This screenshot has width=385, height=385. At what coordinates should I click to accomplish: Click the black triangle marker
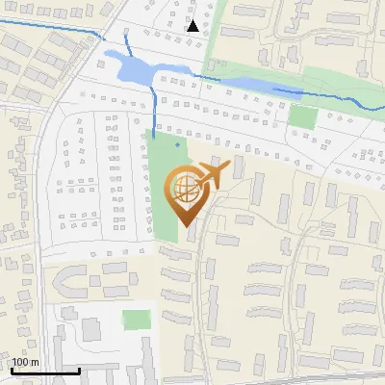pyautogui.click(x=193, y=26)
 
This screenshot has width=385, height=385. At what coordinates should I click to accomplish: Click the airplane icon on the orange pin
pyautogui.click(x=211, y=175)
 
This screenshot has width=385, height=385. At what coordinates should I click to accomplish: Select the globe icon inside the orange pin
pyautogui.click(x=183, y=188)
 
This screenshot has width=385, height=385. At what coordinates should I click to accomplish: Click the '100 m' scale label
pyautogui.click(x=26, y=362)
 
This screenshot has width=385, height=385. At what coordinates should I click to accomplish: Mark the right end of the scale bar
pyautogui.click(x=79, y=371)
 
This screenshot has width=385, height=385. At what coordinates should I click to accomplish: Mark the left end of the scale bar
pyautogui.click(x=12, y=371)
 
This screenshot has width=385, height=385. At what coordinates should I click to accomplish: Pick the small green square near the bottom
pyautogui.click(x=138, y=320)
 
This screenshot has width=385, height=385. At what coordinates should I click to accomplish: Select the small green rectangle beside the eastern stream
pyautogui.click(x=303, y=117)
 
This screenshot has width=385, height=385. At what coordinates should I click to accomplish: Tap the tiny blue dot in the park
pyautogui.click(x=178, y=144)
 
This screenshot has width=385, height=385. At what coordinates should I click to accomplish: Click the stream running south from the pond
pyautogui.click(x=154, y=106)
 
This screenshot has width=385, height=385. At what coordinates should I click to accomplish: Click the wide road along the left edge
pyautogui.click(x=38, y=241)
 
